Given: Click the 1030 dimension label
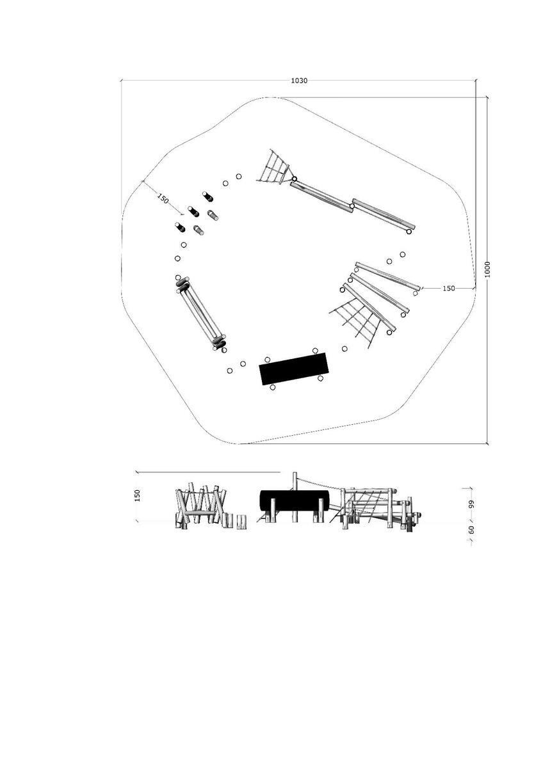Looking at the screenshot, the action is pos(299,81).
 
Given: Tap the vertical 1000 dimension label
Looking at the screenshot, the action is pos(487,269).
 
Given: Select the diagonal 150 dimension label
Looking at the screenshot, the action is pos(163,198).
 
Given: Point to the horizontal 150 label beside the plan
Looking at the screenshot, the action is pos(449,289).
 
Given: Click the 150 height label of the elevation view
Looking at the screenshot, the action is pos(138,495).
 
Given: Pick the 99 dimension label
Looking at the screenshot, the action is pos(471,504).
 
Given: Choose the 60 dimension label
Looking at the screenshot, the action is pos(471,530).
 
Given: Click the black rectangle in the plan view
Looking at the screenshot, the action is pos(294,369).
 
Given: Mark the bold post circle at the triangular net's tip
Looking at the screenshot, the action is pos(295,179).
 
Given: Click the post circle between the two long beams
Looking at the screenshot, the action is pos(352,206).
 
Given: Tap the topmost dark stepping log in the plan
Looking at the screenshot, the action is pos(208,196).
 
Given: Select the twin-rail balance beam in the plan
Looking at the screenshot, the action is pos(200,314).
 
